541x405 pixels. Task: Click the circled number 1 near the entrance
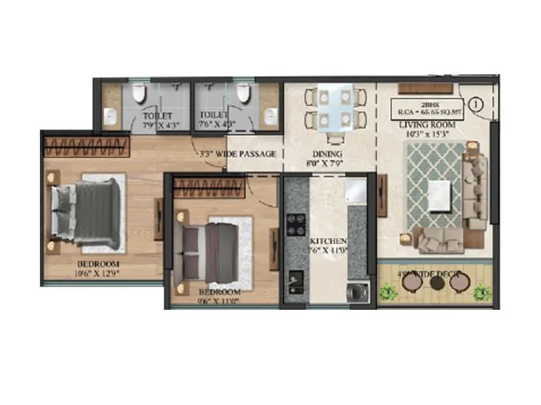(x=475, y=105)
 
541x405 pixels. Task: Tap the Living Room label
(x=426, y=126)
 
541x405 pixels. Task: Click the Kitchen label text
(x=328, y=241)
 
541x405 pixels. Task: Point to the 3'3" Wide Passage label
(x=238, y=154)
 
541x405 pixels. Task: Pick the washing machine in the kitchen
(x=356, y=292)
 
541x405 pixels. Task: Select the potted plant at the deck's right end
(x=481, y=292)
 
